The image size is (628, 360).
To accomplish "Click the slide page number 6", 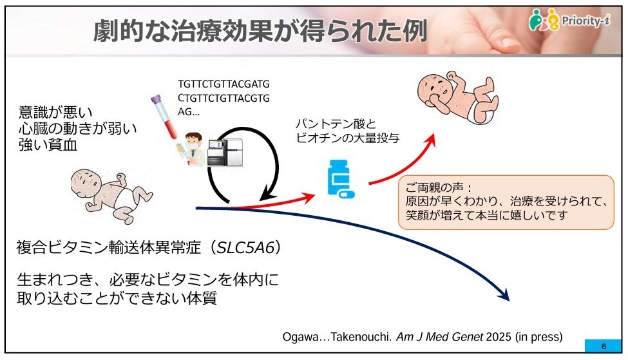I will point(603,346).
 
